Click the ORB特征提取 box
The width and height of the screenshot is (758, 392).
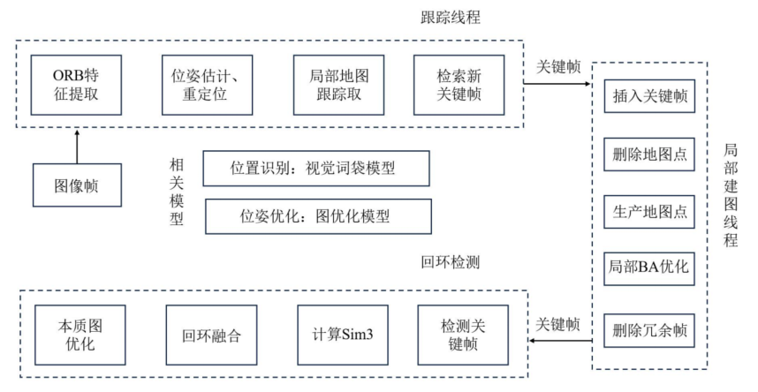77,84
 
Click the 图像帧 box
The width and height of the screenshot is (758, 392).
77,188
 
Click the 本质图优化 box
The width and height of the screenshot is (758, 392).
77,331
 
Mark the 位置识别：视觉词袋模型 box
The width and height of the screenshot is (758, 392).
316,168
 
